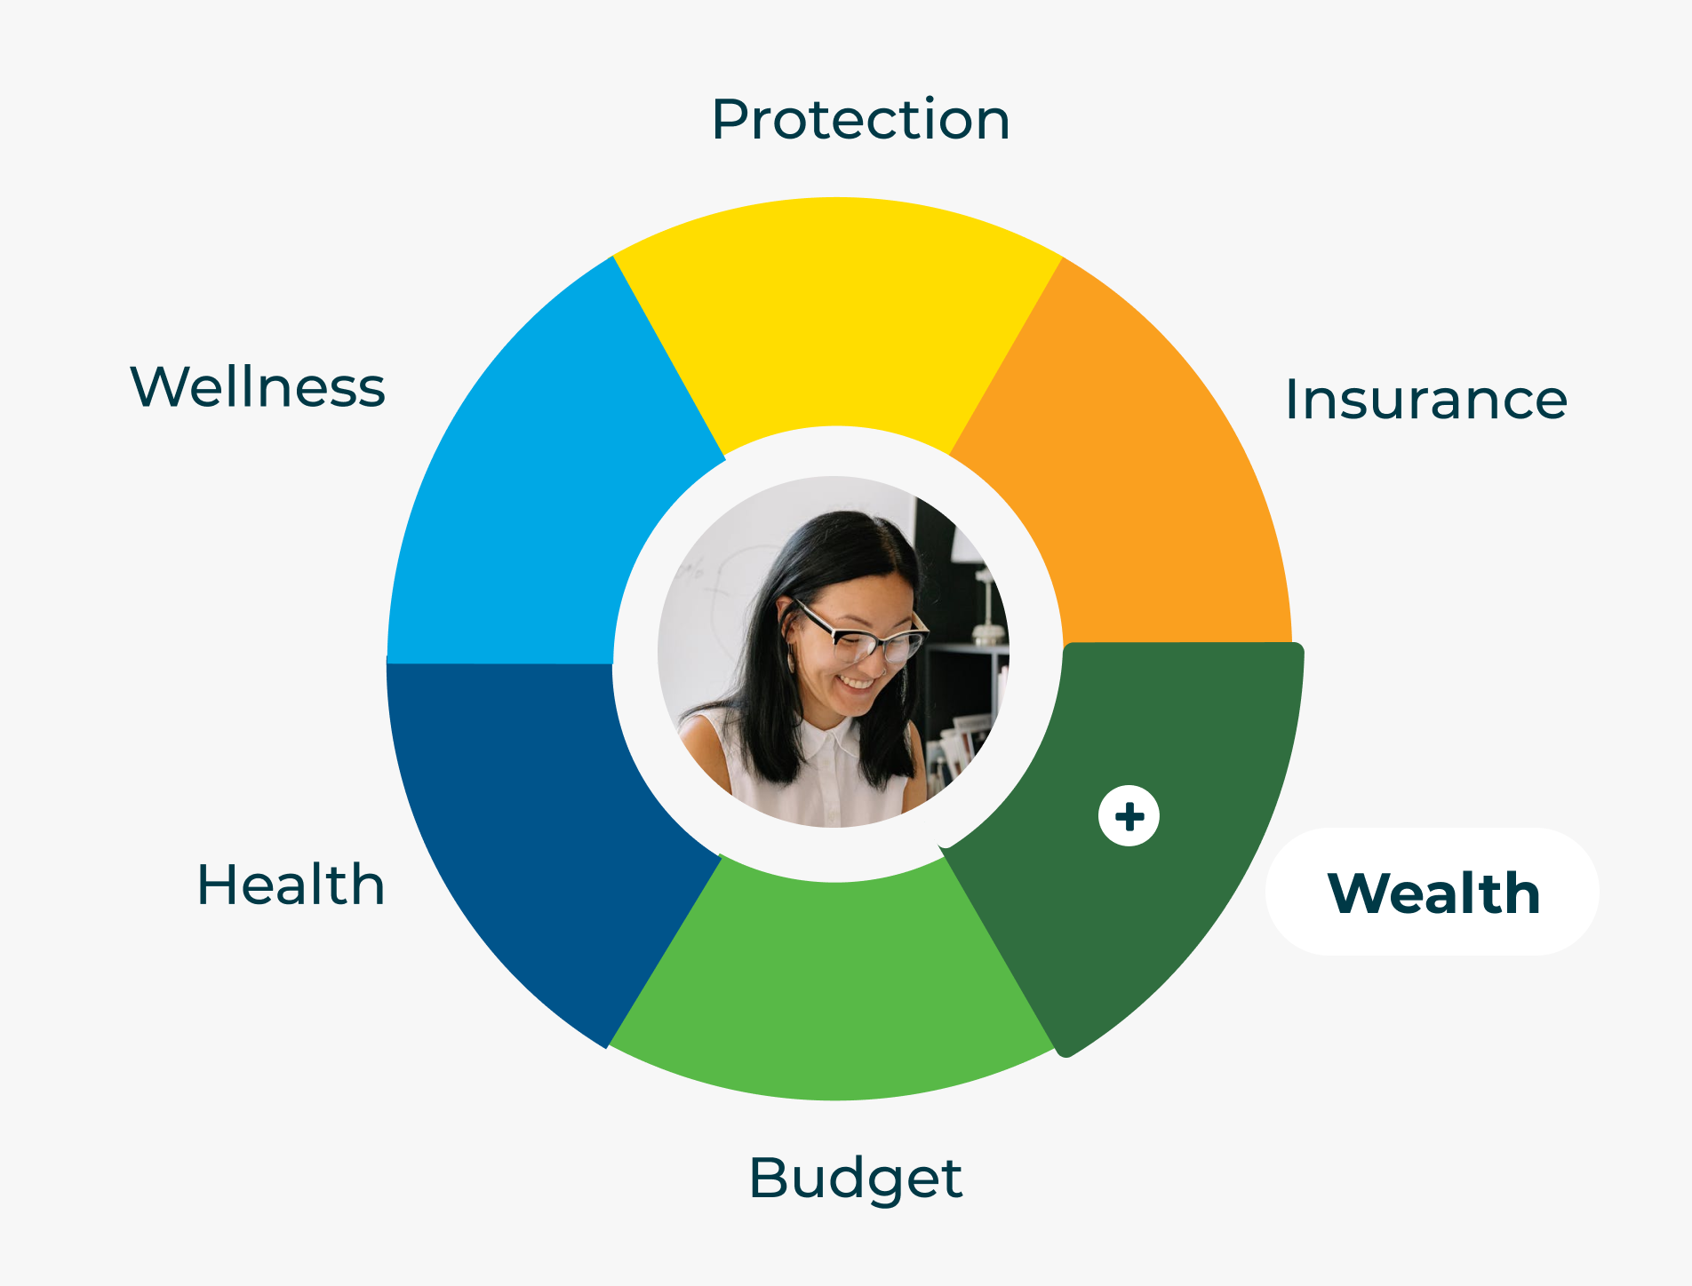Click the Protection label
click(x=860, y=119)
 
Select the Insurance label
click(x=1426, y=399)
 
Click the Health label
click(x=291, y=885)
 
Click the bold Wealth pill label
click(x=1433, y=893)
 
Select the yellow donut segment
click(x=838, y=320)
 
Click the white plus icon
click(x=1129, y=816)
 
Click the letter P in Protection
click(x=730, y=119)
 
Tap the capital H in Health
click(x=217, y=885)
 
